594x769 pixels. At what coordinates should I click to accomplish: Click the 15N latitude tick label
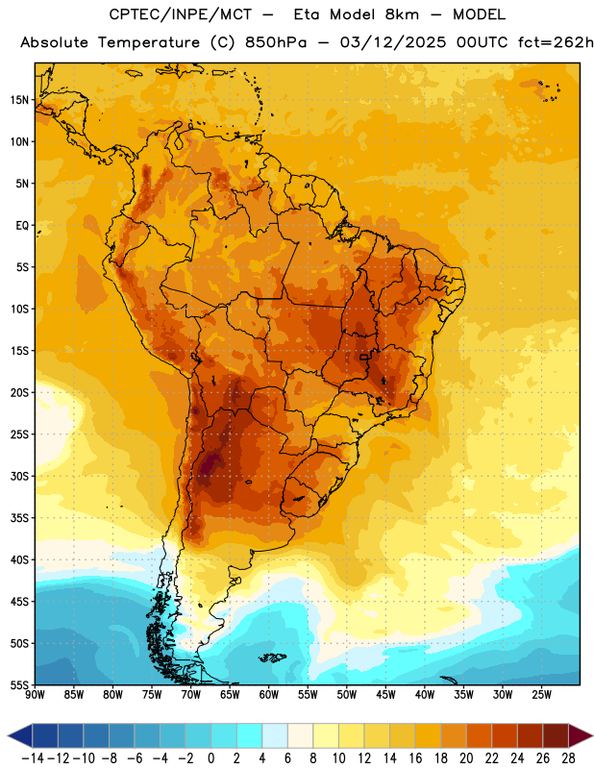(x=19, y=100)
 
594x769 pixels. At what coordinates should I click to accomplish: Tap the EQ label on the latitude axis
(x=22, y=226)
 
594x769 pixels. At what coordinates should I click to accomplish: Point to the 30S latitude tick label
(x=19, y=476)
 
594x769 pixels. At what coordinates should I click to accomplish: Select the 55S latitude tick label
(x=19, y=685)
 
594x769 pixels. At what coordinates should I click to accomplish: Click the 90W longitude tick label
(x=35, y=695)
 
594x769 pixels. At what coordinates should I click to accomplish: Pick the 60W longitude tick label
(x=269, y=695)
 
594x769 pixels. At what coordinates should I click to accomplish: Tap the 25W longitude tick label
(x=541, y=695)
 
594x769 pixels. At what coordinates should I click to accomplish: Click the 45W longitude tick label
(x=385, y=695)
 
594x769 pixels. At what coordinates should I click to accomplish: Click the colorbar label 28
(x=568, y=758)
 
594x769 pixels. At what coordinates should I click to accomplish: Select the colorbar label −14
(x=33, y=758)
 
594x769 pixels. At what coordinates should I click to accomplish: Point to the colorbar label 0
(x=210, y=758)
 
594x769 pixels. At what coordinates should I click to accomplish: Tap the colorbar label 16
(x=415, y=758)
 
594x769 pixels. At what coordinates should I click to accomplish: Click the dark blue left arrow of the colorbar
(x=20, y=735)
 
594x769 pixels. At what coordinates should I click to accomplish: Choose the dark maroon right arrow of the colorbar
(x=581, y=735)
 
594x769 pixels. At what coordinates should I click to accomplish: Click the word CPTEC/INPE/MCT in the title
(x=181, y=14)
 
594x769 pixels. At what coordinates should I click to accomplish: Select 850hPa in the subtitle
(x=276, y=42)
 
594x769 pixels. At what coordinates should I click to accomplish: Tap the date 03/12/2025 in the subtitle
(x=393, y=42)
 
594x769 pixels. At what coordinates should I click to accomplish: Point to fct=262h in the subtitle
(x=556, y=42)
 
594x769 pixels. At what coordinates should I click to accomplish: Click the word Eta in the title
(x=307, y=14)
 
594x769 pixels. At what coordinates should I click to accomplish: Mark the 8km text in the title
(x=402, y=14)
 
